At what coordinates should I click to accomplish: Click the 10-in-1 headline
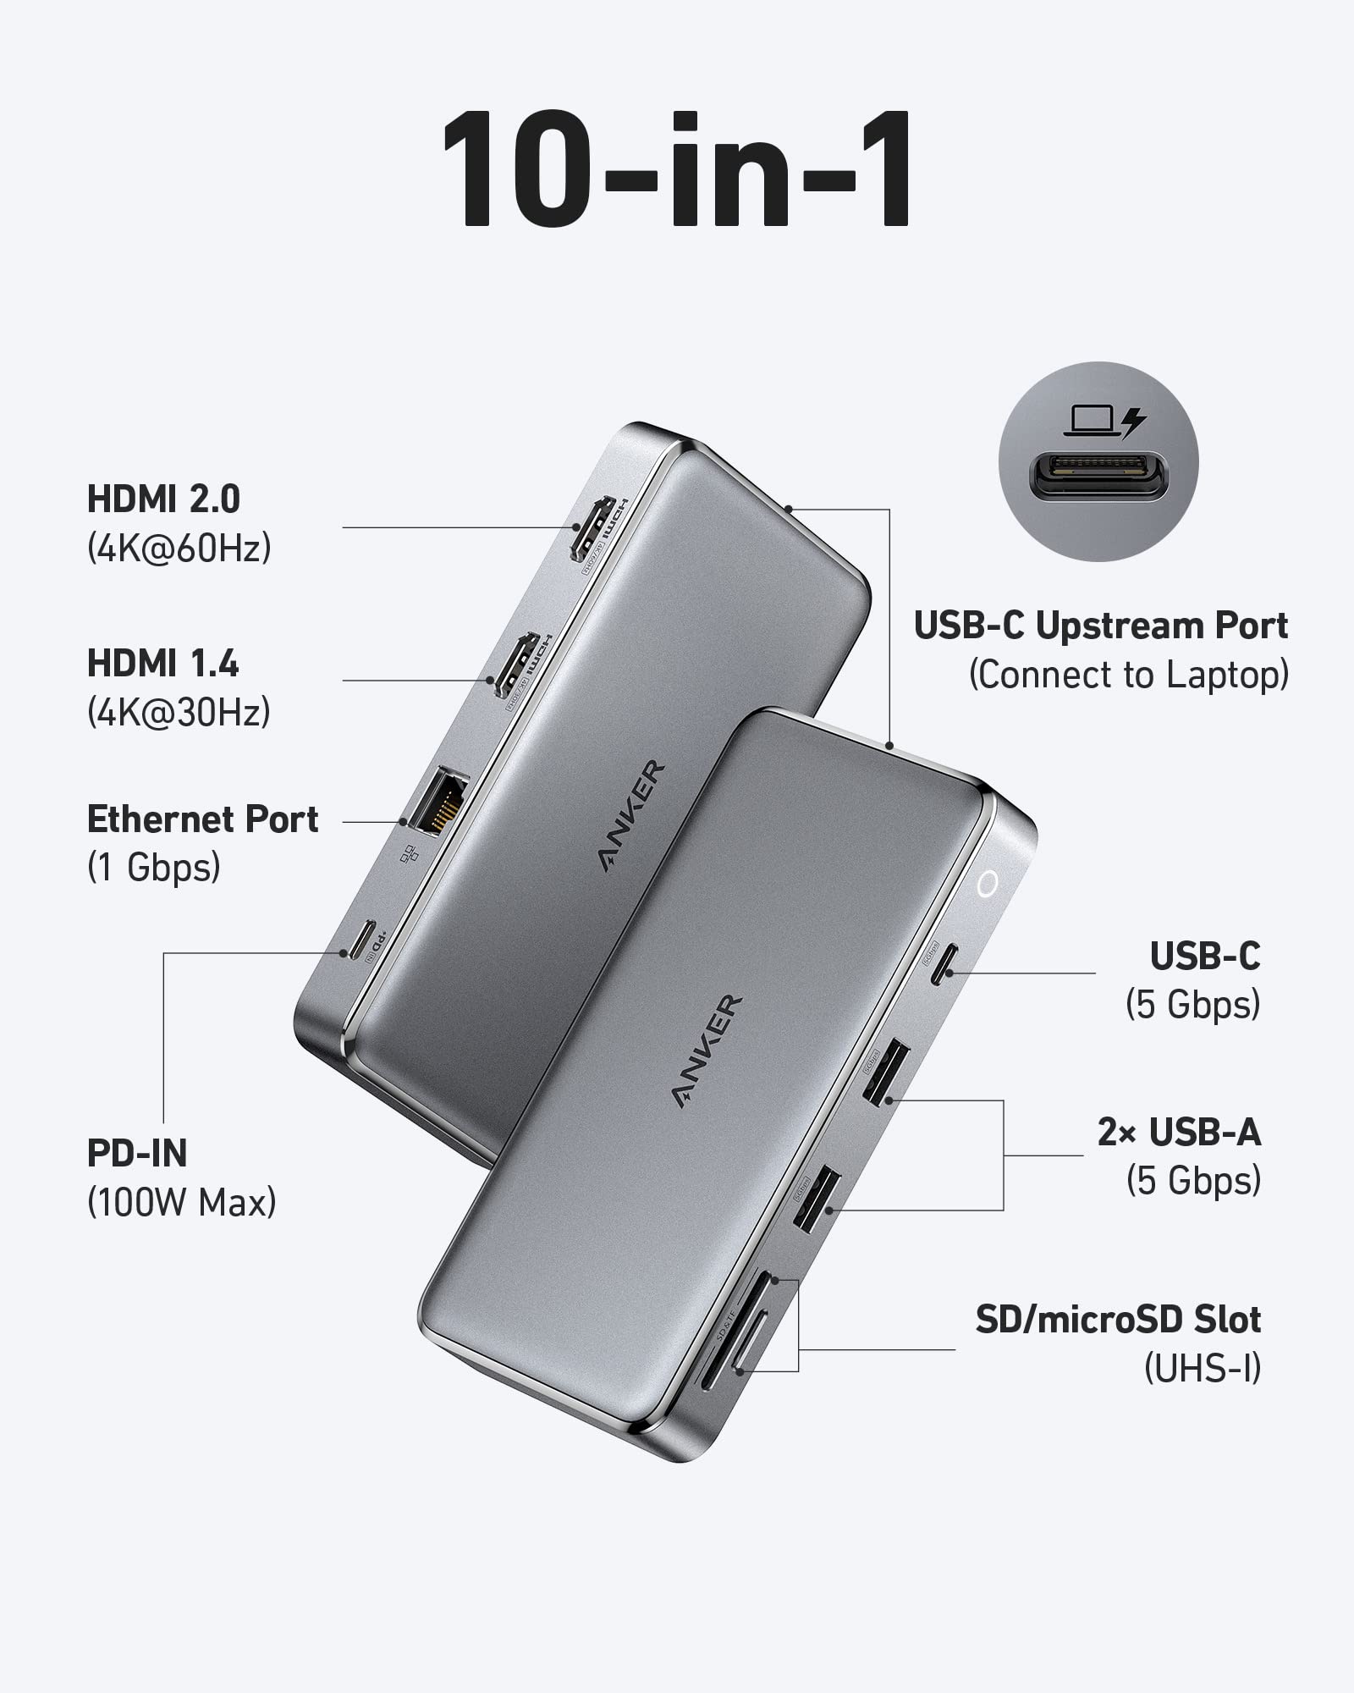coord(677,169)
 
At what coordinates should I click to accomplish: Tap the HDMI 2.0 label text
coord(164,499)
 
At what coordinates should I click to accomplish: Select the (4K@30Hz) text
coord(179,712)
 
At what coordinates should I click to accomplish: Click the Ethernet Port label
coord(203,819)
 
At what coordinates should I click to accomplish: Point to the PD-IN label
coord(137,1153)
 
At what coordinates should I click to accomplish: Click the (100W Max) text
coord(182,1202)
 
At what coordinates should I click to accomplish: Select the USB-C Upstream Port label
coord(1101,626)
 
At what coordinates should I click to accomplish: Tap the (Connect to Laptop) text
coord(1129,675)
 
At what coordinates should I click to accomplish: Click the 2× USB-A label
coord(1179,1132)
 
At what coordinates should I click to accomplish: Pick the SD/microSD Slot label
coord(1118,1319)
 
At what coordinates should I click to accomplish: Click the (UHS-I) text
coord(1203,1368)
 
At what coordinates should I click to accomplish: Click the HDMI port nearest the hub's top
coord(591,529)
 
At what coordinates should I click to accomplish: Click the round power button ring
coord(987,885)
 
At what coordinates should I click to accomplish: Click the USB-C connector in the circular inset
coord(1098,475)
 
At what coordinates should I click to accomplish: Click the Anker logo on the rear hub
coord(632,816)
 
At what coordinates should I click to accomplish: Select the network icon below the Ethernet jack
coord(410,853)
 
